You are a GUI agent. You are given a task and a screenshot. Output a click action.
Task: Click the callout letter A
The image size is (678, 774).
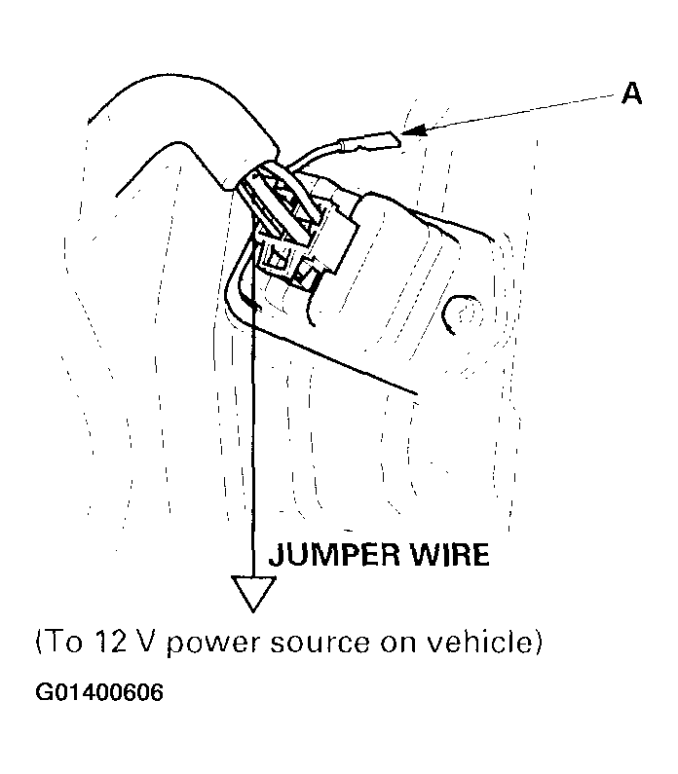coord(631,92)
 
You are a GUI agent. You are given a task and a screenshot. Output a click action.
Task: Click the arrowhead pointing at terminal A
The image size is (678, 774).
coord(414,129)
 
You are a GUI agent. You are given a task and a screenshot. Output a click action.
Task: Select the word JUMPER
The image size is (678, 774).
coord(334,554)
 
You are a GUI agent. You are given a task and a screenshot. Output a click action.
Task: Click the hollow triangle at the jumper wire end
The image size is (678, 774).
coord(253,594)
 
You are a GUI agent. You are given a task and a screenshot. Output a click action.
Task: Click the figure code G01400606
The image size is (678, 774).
coord(99,692)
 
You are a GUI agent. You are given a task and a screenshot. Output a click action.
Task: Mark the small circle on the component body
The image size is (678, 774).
coord(462,314)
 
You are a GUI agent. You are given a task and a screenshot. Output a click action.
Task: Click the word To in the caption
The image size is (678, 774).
coord(64,643)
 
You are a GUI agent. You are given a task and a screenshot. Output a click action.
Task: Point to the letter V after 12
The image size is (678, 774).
coord(146,643)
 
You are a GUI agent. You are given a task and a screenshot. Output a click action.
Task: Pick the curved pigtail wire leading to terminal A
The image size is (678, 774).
coord(316,152)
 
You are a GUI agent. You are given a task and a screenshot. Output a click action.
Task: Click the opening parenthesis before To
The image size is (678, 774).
coord(40,643)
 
